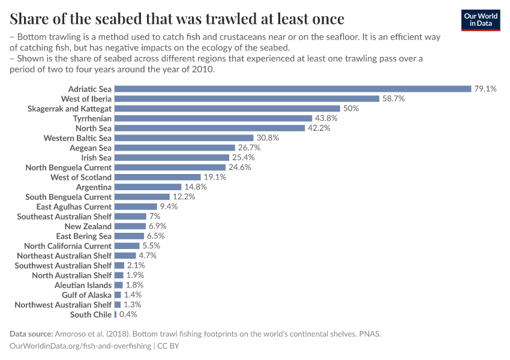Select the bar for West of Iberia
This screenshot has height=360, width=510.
pos(247,98)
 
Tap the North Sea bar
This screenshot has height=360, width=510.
pos(209,128)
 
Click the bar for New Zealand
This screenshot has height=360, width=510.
pos(130,226)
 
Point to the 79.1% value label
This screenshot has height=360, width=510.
pos(485,89)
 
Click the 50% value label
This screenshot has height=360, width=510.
pos(351,109)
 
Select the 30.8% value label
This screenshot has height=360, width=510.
pos(268,138)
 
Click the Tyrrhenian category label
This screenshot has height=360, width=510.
pos(91,118)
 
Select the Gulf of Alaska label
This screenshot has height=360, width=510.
pos(86,295)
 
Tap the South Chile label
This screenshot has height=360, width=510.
pos(91,314)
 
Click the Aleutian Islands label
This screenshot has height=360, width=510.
pos(83,285)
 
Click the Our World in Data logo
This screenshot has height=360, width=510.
pos(480,19)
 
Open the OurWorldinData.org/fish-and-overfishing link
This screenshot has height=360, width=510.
pos(80,346)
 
